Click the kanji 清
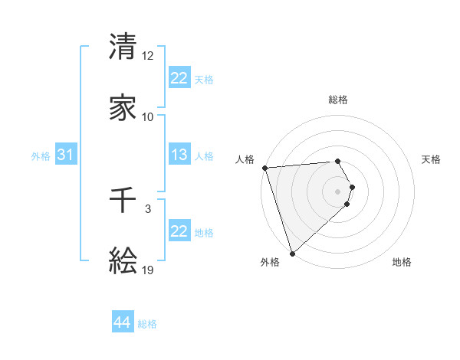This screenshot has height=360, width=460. click(123, 47)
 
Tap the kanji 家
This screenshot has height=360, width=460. click(123, 108)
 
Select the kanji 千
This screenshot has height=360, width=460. click(123, 201)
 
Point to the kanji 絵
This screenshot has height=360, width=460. click(123, 261)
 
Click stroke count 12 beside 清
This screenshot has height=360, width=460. click(147, 56)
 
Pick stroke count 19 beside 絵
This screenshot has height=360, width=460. click(147, 270)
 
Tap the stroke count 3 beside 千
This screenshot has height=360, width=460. click(147, 208)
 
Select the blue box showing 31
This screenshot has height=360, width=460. click(66, 155)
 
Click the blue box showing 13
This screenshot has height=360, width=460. click(179, 155)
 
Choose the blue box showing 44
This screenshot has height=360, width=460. click(123, 322)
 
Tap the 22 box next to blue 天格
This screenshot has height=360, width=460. click(179, 77)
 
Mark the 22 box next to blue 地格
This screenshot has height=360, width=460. click(179, 231)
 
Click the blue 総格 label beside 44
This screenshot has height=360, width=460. click(147, 324)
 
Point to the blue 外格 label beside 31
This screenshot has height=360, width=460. click(41, 156)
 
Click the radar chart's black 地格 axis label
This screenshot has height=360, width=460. click(402, 263)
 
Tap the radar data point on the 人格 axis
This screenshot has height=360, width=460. click(264, 168)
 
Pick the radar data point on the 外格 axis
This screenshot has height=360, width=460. click(292, 252)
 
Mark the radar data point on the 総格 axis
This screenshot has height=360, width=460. click(337, 161)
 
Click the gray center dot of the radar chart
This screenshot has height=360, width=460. click(337, 191)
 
